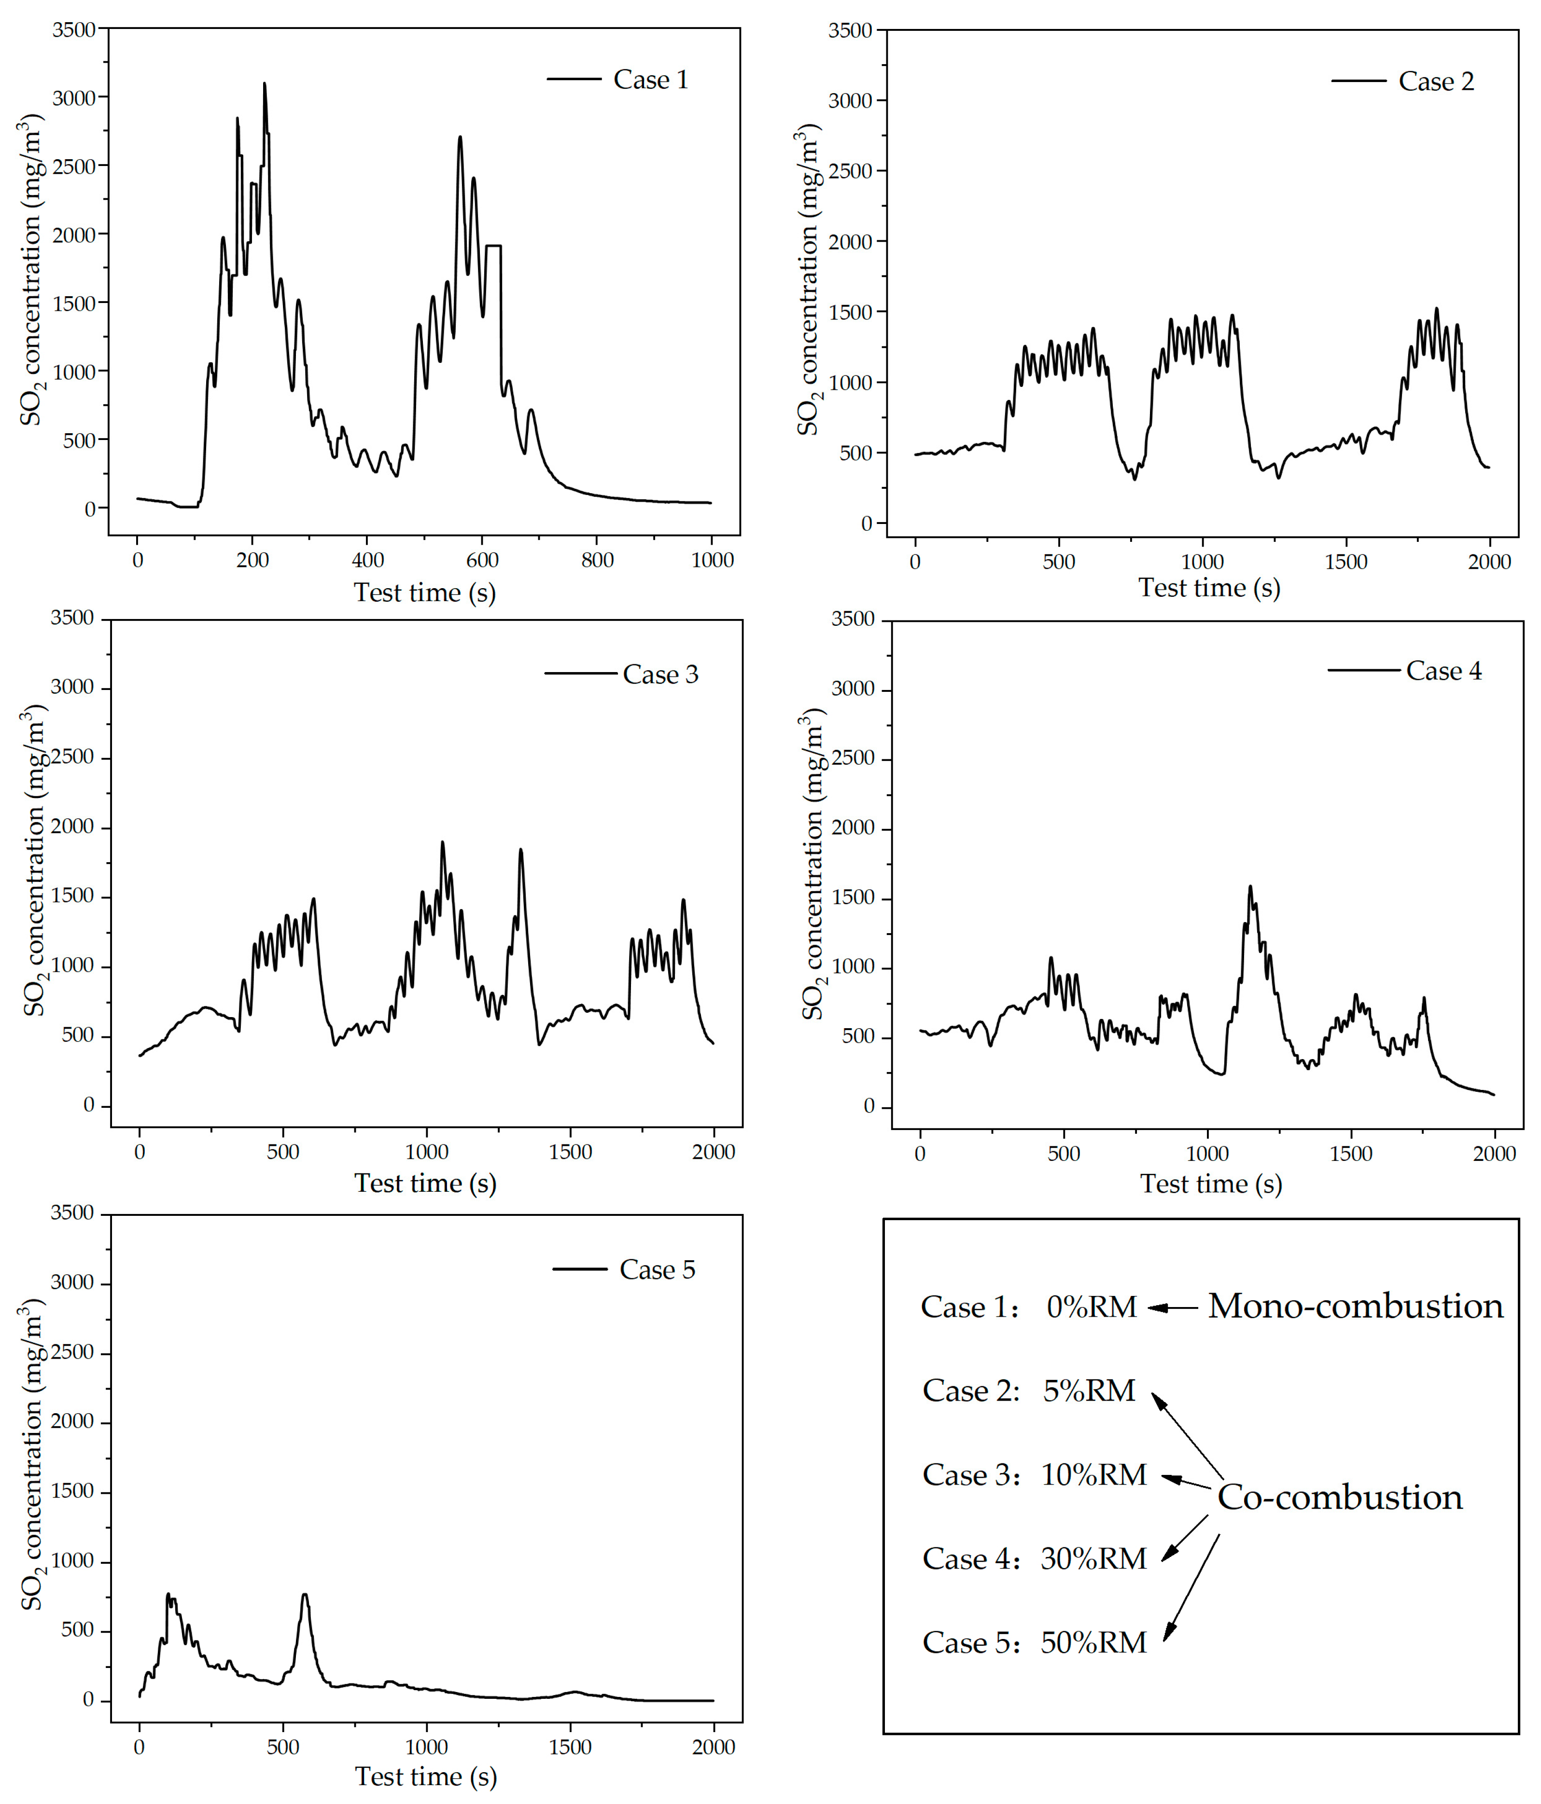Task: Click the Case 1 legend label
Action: coord(651,80)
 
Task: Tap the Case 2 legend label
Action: coord(1436,82)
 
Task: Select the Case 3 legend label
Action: coord(660,675)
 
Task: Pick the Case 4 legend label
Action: coord(1443,671)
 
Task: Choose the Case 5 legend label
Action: coord(657,1270)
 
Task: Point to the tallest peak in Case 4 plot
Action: coord(1250,887)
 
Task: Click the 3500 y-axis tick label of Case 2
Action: coord(850,30)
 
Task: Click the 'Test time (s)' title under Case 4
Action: coord(1211,1184)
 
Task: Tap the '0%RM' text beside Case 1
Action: coord(1092,1307)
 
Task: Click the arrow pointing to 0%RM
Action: coord(1172,1307)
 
